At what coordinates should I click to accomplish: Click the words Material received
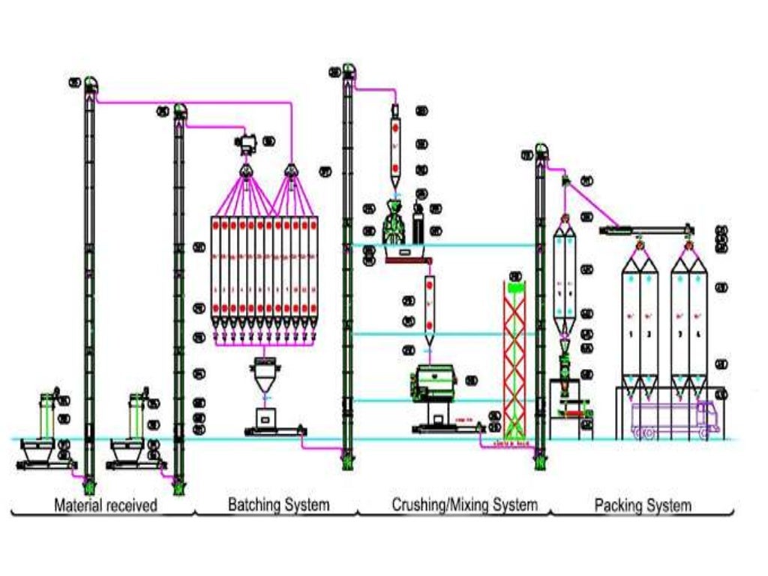point(106,505)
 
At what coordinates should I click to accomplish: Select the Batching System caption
point(278,505)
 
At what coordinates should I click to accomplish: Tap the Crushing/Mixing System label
point(464,505)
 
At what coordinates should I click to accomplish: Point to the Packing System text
point(643,505)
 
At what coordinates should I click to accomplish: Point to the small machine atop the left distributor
point(246,143)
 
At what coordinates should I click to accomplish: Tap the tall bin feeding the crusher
point(395,146)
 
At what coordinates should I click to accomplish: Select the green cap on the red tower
point(514,286)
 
